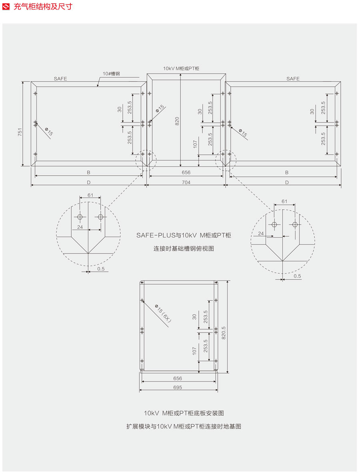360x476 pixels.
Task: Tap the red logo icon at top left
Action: [x=6, y=7]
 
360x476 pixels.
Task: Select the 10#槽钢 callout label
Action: [x=110, y=74]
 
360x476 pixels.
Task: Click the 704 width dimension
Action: [x=186, y=182]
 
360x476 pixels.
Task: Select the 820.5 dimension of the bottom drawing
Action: [x=224, y=333]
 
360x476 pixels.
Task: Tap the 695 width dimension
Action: [x=178, y=387]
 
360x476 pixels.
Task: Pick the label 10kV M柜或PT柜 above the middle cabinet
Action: [x=181, y=68]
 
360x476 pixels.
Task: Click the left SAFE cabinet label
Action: [x=60, y=79]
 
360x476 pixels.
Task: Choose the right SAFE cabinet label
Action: [x=293, y=79]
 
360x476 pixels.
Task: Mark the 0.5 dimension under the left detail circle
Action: [x=100, y=269]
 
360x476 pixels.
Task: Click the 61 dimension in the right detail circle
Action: [x=284, y=201]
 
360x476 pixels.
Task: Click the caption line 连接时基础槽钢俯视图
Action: [x=184, y=248]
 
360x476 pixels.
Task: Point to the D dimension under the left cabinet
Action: [x=88, y=182]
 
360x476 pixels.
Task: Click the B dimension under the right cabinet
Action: [x=287, y=173]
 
